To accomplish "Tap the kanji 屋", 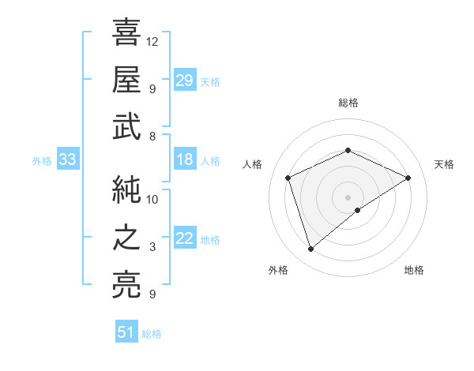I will click(x=126, y=79).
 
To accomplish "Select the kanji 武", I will click(x=126, y=126).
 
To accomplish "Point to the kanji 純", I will click(x=126, y=189).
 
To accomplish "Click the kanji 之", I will click(x=126, y=238).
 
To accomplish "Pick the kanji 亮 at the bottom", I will click(x=126, y=285).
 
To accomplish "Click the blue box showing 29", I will click(x=185, y=80).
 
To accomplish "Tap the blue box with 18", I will click(x=185, y=160).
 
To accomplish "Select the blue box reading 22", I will click(x=185, y=239).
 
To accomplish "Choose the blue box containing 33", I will click(x=68, y=160).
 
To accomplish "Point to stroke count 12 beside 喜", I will click(x=153, y=41).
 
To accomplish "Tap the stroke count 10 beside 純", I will click(x=153, y=199).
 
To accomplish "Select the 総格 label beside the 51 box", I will click(x=152, y=334).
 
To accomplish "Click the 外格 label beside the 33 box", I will click(x=42, y=161).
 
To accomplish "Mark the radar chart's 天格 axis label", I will click(x=445, y=164).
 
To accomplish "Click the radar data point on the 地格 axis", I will click(x=358, y=210).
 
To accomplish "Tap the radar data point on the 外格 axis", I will click(x=310, y=249).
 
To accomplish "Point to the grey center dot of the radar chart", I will click(x=348, y=197).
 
